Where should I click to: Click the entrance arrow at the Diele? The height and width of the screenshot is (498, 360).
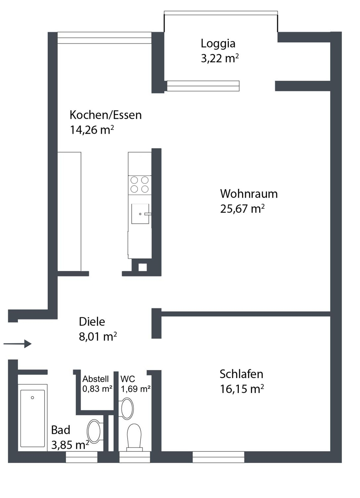(x=17, y=344)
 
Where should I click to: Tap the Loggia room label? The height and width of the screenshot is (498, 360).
(x=218, y=43)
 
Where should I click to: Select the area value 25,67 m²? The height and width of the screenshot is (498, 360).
(x=242, y=208)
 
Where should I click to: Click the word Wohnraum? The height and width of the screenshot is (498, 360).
(x=249, y=194)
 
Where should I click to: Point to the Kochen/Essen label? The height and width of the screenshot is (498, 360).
(x=105, y=115)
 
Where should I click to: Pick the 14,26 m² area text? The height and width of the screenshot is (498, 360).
(x=92, y=130)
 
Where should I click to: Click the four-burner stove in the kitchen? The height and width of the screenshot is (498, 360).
(x=140, y=184)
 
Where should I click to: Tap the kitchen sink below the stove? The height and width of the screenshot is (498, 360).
(x=140, y=214)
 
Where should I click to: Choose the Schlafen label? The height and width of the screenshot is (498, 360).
(x=241, y=374)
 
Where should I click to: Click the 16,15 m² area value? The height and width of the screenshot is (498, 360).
(x=242, y=389)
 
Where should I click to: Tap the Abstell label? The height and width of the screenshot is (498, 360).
(x=96, y=379)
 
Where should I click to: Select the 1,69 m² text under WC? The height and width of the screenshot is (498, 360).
(x=135, y=389)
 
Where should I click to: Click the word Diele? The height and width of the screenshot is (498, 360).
(x=92, y=322)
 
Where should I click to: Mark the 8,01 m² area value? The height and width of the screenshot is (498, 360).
(x=98, y=337)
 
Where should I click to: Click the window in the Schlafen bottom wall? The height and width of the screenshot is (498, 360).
(x=218, y=457)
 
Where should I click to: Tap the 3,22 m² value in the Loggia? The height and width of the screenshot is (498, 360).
(x=220, y=59)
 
